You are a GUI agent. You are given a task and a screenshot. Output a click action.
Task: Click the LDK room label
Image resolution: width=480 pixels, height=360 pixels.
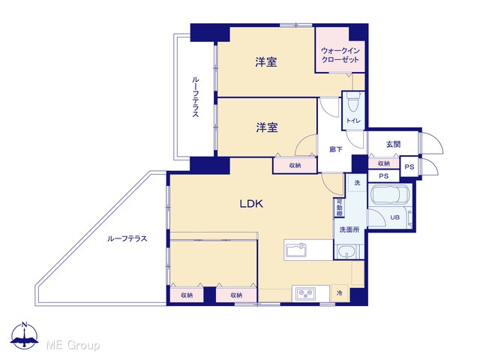point(251,204)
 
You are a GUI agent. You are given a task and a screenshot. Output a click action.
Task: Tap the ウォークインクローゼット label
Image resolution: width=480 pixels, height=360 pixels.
point(340,55)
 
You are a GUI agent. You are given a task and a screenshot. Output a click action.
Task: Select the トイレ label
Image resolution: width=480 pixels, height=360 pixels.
point(353,121)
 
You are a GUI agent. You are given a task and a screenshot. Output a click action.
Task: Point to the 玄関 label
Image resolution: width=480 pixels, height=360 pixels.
point(393,144)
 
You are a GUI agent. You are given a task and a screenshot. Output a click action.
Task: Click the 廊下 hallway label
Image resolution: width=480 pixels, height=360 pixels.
point(336,149)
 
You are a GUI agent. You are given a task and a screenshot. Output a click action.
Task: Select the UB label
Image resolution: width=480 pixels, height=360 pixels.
point(394,217)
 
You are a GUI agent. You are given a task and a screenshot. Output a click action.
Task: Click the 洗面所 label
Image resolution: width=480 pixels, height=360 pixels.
point(349,229)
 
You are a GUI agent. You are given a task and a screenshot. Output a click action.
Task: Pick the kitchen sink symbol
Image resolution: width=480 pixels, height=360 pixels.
point(296,250)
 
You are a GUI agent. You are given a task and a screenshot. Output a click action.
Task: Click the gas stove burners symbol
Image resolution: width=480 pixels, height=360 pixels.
point(305,293)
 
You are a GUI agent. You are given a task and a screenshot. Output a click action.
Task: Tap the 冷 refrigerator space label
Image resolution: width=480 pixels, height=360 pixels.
point(340,293)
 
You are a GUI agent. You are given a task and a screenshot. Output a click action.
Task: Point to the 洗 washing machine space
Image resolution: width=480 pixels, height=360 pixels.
point(357,183)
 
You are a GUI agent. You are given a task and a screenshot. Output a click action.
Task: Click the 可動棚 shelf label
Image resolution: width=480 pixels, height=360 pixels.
point(339,208)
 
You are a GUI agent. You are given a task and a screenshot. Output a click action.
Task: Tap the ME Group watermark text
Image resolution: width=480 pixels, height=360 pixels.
point(73,345)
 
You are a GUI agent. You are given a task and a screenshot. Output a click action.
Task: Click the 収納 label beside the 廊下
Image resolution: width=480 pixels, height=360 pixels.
point(295,166)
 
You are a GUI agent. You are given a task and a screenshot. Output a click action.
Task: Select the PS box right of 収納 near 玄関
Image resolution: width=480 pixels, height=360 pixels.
point(409,166)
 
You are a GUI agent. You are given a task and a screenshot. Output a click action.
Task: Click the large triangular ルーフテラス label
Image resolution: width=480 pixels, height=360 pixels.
point(127,238)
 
